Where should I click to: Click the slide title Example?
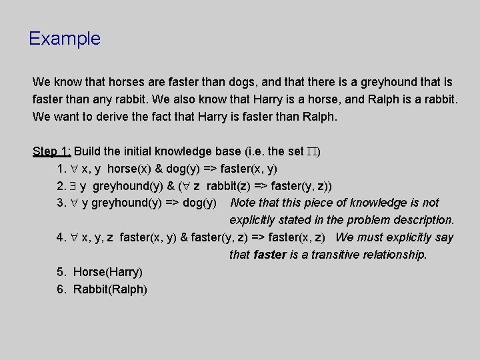click(65, 39)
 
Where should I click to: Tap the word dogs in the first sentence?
click(244, 83)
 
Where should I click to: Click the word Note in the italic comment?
click(243, 203)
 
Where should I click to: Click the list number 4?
click(61, 237)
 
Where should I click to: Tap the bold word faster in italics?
click(269, 255)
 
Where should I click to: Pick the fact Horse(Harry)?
click(107, 272)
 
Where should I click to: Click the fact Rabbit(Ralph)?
click(110, 289)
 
